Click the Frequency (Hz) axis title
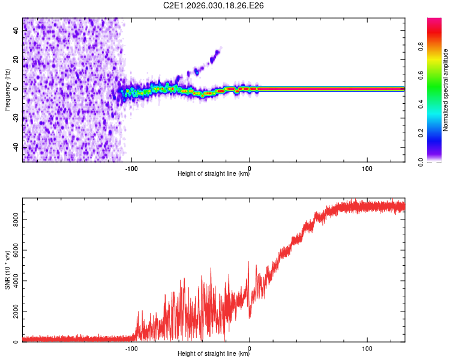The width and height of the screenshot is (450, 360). point(7,89)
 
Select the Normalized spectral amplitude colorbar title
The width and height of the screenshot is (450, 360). point(446,90)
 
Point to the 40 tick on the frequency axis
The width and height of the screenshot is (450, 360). point(16,31)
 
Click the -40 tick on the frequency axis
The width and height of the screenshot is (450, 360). point(16,147)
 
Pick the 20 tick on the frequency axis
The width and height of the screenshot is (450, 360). point(16,60)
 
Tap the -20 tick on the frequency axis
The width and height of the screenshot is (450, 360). point(16,118)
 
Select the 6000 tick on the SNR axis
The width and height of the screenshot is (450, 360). point(16,251)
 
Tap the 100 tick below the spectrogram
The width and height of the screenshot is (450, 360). point(367,167)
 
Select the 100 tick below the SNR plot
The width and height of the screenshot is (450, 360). point(367,347)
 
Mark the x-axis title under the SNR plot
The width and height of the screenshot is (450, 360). point(214,354)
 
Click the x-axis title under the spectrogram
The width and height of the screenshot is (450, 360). point(214,174)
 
